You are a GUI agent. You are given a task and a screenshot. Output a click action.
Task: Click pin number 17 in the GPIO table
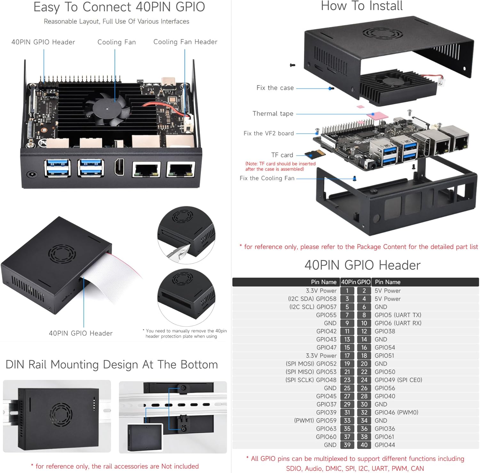click(x=347, y=356)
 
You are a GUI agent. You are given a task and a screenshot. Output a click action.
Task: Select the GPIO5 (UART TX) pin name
click(x=398, y=315)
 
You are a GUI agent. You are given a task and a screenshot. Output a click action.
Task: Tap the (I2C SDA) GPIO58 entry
click(x=312, y=299)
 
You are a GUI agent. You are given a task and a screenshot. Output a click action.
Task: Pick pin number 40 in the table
click(x=364, y=445)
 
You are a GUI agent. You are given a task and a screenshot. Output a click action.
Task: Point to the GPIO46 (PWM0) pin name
click(x=396, y=412)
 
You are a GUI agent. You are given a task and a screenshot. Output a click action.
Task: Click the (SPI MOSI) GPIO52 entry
click(x=311, y=364)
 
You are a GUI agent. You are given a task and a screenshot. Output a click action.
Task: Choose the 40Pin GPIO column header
click(x=356, y=282)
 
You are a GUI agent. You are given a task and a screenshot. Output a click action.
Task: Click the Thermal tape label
click(x=273, y=114)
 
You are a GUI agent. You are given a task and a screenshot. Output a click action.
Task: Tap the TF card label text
click(x=282, y=155)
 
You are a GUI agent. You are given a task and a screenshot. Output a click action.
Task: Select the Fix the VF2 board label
click(x=268, y=133)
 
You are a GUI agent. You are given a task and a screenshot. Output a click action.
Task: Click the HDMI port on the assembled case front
click(x=119, y=167)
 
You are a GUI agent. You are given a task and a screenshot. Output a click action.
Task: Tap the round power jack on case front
click(x=32, y=174)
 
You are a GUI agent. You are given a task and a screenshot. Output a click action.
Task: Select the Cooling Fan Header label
click(x=185, y=42)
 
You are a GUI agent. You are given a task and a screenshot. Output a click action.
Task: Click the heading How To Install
click(x=362, y=6)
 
